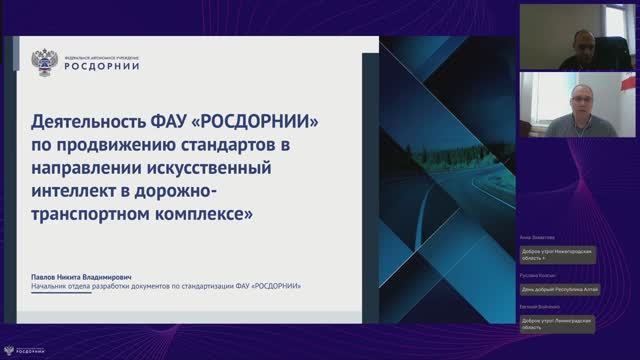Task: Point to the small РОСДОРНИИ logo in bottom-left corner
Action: tap(22, 351)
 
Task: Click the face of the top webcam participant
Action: tap(579, 40)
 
